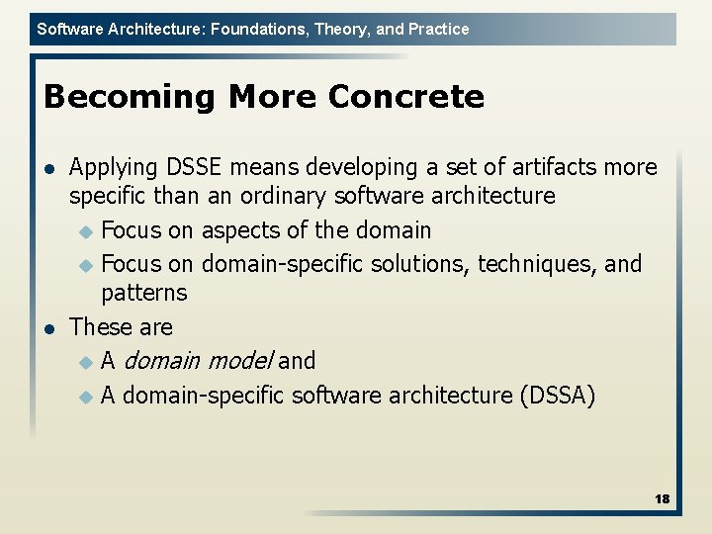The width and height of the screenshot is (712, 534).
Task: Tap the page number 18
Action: pos(662,499)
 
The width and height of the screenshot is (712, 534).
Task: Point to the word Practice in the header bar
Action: pos(437,29)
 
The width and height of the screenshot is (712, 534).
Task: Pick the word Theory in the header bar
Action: pos(339,29)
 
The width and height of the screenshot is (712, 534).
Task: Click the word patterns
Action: pos(143,293)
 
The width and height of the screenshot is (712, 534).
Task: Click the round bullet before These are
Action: pos(50,328)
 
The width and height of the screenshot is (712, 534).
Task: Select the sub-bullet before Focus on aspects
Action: pos(85,231)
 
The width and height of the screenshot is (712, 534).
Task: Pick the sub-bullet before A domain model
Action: pos(85,362)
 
